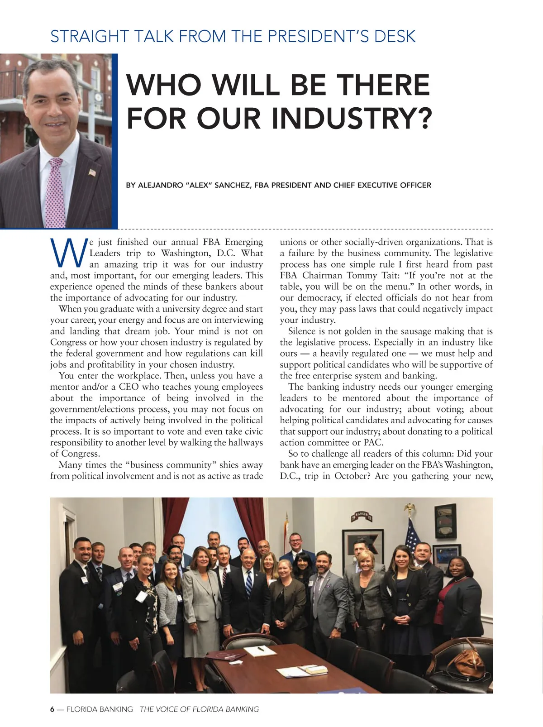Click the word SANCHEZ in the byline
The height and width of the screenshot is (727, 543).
point(231,185)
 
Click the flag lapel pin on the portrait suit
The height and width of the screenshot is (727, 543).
point(92,172)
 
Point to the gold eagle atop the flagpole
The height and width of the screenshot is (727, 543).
point(410,507)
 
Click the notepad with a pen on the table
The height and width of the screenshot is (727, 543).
point(260,651)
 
